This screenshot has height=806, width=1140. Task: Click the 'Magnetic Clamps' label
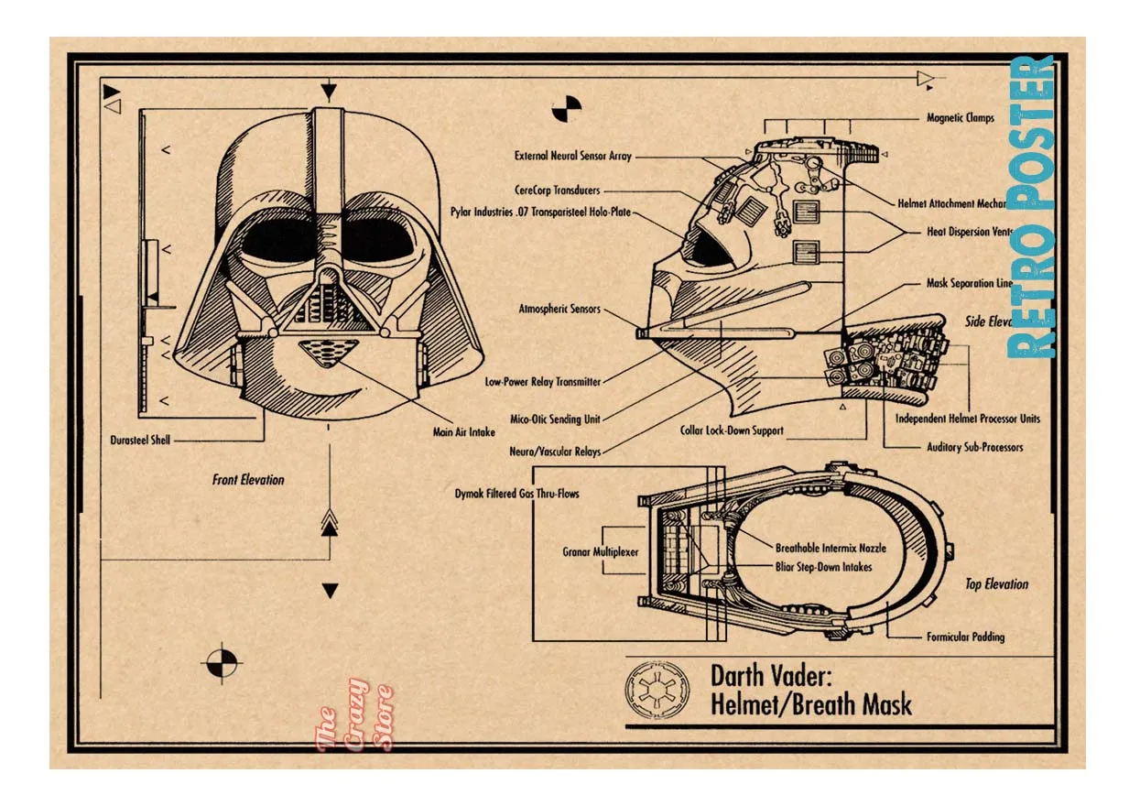pyautogui.click(x=960, y=118)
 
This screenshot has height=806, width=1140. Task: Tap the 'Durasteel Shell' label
pyautogui.click(x=140, y=440)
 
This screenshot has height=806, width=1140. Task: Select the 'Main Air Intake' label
pyautogui.click(x=464, y=432)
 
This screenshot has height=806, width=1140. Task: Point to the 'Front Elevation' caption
pyautogui.click(x=248, y=479)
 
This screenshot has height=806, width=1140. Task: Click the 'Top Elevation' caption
pyautogui.click(x=996, y=584)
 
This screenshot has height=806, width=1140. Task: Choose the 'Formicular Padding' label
pyautogui.click(x=965, y=637)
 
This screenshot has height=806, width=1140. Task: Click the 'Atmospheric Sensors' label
pyautogui.click(x=559, y=310)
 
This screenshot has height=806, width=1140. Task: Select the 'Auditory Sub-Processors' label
pyautogui.click(x=975, y=448)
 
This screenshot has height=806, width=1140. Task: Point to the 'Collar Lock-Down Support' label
pyautogui.click(x=732, y=430)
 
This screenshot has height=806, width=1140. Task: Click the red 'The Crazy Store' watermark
pyautogui.click(x=353, y=714)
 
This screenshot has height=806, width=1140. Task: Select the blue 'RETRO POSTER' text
pyautogui.click(x=1032, y=207)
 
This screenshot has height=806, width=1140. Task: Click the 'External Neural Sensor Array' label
pyautogui.click(x=572, y=157)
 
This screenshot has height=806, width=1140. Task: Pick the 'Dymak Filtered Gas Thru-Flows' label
pyautogui.click(x=516, y=494)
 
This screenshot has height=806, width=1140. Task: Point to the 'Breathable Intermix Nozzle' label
pyautogui.click(x=831, y=549)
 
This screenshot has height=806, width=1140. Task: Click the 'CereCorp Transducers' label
pyautogui.click(x=557, y=191)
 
